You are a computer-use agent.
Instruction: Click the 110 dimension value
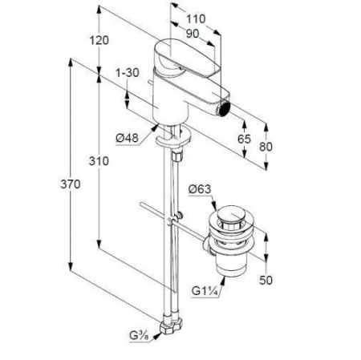point(196,18)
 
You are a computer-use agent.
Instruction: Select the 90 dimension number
point(193,34)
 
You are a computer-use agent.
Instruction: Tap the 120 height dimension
point(99,41)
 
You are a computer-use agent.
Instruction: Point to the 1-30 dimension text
point(128,72)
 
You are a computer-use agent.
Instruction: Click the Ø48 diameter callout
point(128,138)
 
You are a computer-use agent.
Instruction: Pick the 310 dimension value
point(99,161)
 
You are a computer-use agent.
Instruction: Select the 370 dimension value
point(71,184)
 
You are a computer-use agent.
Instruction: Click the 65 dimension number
point(245,139)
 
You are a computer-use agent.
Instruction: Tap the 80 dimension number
point(266,147)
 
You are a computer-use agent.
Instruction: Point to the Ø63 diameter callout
point(200,189)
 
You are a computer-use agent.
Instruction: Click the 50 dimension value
point(266,280)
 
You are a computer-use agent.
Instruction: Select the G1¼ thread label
point(204,291)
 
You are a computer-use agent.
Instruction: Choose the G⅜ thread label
point(139,335)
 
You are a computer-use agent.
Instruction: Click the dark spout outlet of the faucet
point(224,109)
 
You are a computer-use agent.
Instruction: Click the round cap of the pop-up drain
point(231,213)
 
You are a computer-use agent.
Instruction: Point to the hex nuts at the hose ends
point(170,325)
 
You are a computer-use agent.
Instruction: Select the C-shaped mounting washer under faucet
point(172,138)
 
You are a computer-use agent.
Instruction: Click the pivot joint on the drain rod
point(170,221)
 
